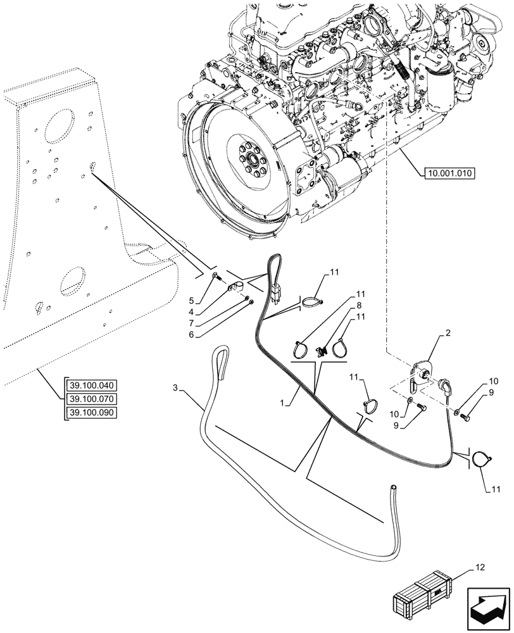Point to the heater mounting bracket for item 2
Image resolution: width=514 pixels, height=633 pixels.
pos(417,375)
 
